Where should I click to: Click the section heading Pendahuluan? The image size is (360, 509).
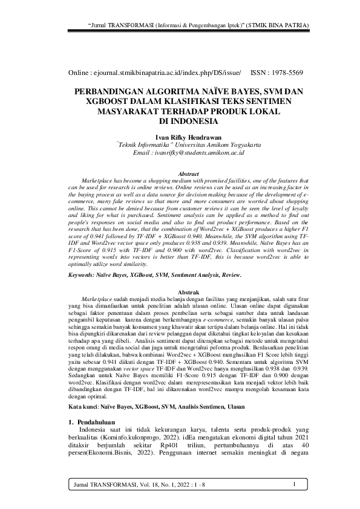[x=102, y=404]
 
